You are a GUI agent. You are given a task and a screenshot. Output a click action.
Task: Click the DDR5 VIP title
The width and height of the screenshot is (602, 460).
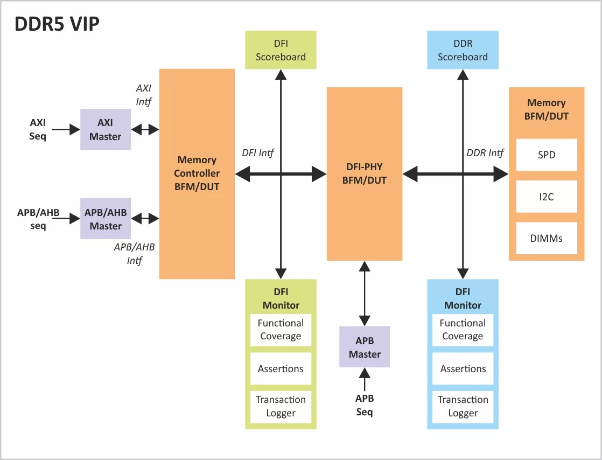click(57, 24)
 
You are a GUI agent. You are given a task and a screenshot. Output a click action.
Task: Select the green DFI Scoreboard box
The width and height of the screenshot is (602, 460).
click(281, 50)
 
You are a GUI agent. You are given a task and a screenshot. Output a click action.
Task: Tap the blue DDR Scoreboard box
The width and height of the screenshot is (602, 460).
click(463, 50)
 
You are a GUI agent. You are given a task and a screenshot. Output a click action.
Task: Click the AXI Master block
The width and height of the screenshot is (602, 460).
click(105, 129)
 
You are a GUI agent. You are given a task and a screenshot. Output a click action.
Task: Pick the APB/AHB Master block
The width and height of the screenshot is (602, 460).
click(105, 219)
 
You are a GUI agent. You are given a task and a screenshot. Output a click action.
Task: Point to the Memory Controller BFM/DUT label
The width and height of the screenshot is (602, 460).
click(197, 173)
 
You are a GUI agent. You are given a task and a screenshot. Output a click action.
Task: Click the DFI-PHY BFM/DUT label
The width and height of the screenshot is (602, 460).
click(365, 173)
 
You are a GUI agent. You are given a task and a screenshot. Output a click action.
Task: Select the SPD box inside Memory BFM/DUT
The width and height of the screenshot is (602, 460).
click(547, 155)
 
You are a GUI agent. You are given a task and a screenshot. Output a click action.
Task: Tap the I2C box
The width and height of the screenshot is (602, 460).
click(547, 197)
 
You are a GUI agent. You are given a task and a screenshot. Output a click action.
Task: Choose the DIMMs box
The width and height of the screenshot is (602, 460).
click(547, 238)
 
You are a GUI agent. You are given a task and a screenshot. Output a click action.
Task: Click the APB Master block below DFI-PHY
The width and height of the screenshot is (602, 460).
click(365, 347)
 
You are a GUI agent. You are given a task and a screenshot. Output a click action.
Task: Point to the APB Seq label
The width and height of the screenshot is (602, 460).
click(365, 405)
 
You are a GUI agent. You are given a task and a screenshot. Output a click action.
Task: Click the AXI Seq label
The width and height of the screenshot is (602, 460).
click(38, 129)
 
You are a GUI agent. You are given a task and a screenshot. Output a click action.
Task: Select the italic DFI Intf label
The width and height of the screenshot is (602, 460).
click(257, 153)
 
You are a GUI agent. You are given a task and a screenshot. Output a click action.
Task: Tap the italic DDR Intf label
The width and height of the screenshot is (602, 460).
click(485, 153)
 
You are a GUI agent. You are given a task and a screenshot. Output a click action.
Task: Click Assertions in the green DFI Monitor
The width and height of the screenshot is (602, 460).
click(281, 368)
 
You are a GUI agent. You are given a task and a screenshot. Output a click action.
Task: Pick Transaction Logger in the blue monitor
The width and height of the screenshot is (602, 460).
click(463, 407)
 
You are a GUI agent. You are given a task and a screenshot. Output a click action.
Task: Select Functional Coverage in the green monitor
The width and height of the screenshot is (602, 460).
click(281, 330)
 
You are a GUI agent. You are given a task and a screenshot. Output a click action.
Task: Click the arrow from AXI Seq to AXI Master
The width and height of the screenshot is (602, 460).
click(66, 129)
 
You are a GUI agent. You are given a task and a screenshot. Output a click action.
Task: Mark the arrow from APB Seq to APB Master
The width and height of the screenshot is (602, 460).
click(365, 379)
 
